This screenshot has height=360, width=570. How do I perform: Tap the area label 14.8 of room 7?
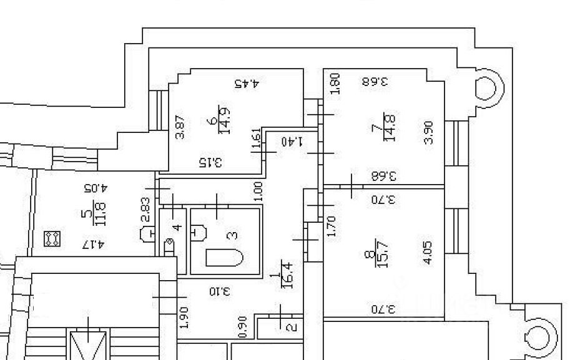tap(391, 127)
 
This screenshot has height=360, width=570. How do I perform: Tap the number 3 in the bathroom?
tap(232, 235)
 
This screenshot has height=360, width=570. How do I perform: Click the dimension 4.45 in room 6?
tap(246, 82)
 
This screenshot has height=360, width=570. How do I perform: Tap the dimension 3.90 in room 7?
tap(428, 132)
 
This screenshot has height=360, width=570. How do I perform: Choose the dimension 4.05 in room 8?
tap(428, 253)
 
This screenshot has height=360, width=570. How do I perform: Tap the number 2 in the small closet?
tap(289, 326)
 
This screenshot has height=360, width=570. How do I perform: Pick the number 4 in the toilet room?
tap(177, 226)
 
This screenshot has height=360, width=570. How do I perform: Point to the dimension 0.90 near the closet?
tap(243, 327)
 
